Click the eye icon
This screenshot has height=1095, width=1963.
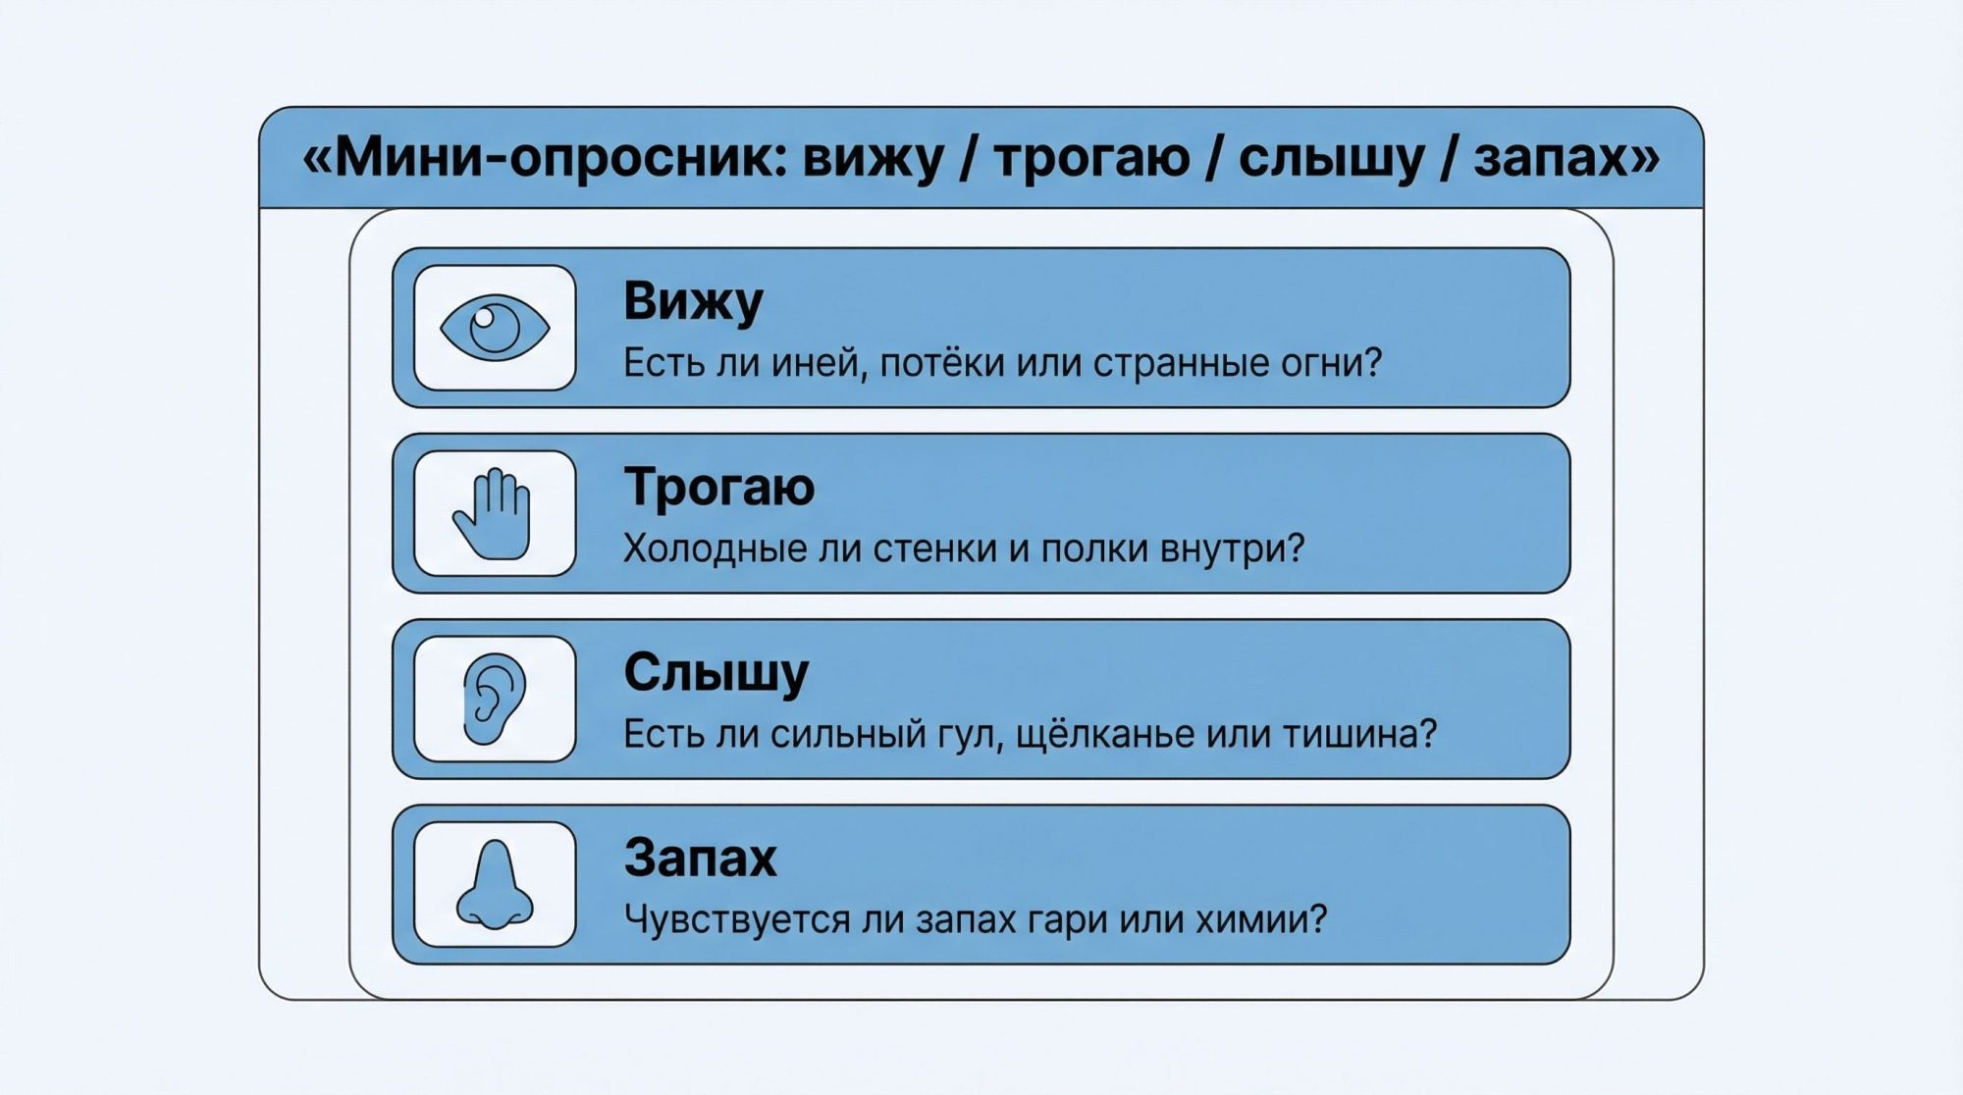pos(495,328)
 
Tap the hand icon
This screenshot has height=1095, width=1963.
pos(494,514)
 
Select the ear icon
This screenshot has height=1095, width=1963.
pos(494,699)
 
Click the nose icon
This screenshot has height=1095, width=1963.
pos(495,885)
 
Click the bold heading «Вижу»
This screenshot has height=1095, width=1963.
pos(693,301)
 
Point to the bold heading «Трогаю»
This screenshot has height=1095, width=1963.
pos(719,487)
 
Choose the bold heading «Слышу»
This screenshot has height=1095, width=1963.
pos(716,673)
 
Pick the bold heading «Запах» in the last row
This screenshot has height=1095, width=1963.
pos(701,858)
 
